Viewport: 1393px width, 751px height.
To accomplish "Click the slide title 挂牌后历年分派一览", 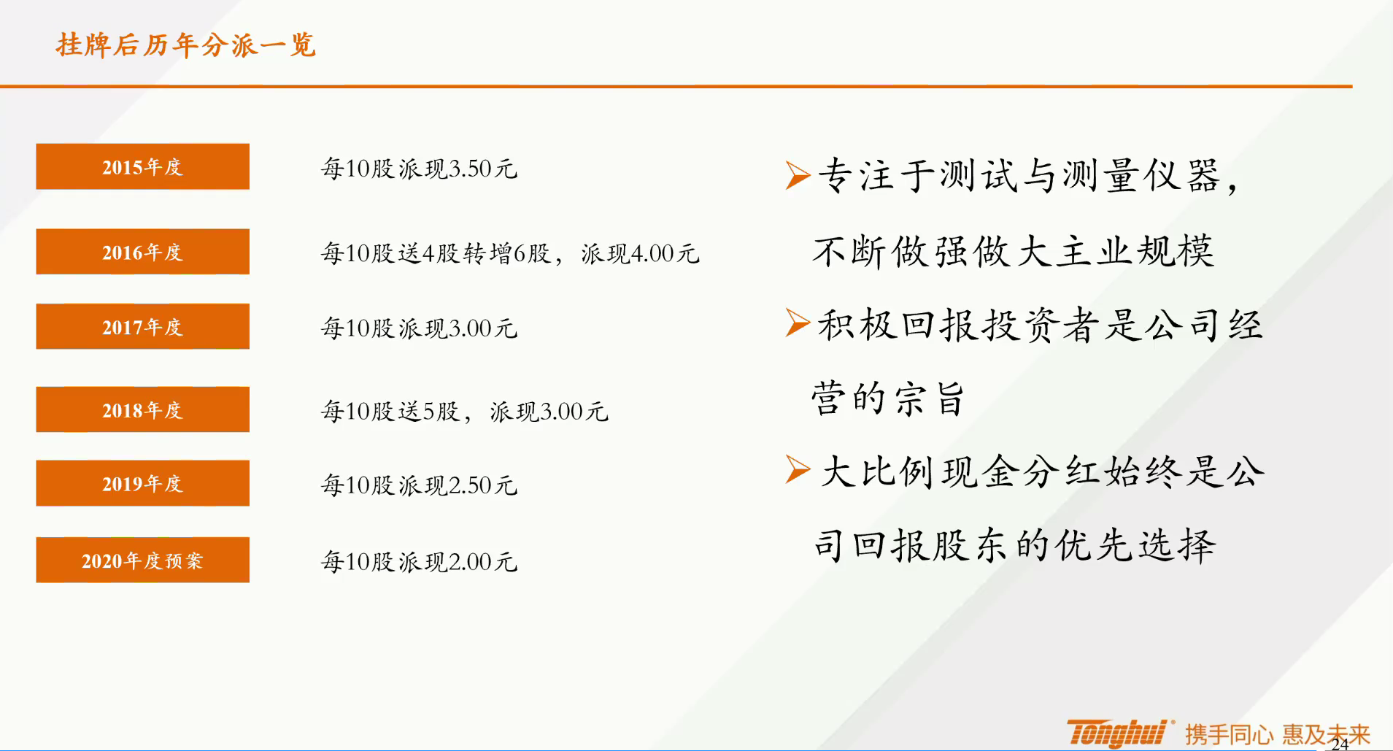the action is coord(185,45).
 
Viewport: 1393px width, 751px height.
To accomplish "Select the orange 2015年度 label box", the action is coord(142,166).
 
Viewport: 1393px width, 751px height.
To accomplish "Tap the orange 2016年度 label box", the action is coord(142,252).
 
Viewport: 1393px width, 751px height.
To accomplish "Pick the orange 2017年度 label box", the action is coord(142,326).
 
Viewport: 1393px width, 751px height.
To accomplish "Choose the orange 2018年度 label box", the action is coord(142,409).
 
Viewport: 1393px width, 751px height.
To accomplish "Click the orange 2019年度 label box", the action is coord(142,483).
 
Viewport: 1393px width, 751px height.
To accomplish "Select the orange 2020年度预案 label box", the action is coord(142,560).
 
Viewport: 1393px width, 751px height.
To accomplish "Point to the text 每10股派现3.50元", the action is coord(420,169).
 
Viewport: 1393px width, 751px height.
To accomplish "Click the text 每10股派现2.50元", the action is coord(420,485).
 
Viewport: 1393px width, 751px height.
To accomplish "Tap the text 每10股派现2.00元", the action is coord(420,561).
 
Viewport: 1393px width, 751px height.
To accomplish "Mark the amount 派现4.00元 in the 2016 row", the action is coord(640,253).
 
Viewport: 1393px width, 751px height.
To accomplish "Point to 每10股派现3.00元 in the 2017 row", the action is coord(420,328).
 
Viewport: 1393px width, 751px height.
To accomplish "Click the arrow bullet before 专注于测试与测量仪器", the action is coord(798,175).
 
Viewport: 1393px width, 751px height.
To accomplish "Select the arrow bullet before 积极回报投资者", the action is coord(798,323).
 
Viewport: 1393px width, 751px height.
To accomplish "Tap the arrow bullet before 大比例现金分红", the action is coord(798,469).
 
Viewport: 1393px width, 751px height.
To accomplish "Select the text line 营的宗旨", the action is coord(888,398).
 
